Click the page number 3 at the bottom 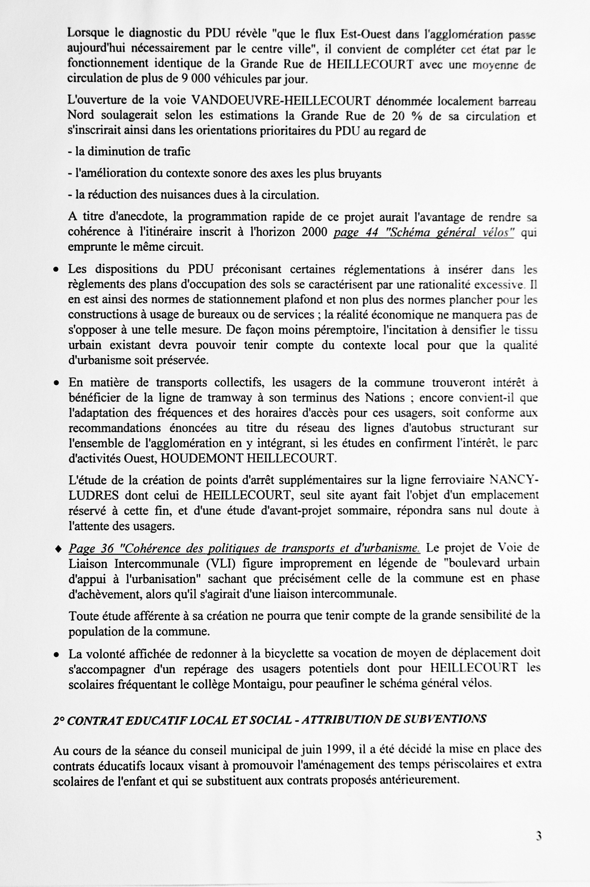[538, 836]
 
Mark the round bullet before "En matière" [56, 383]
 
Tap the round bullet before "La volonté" [56, 655]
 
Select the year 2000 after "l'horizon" [315, 232]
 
